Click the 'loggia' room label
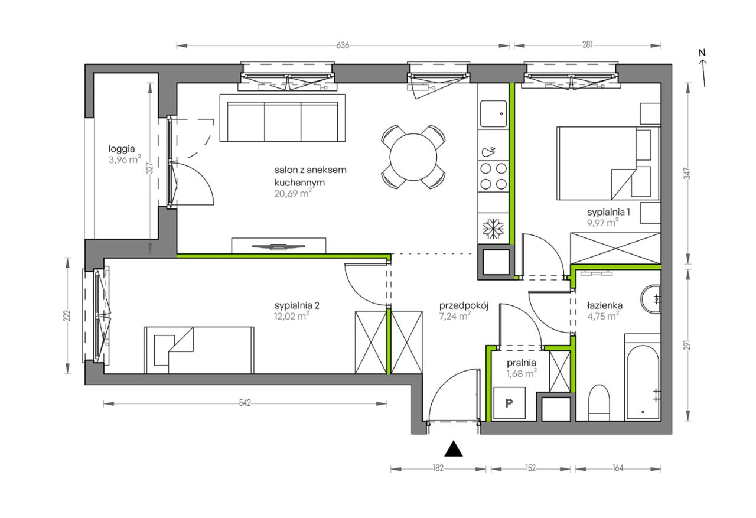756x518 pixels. [x=122, y=149]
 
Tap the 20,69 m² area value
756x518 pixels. [x=292, y=193]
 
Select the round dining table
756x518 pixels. [x=413, y=157]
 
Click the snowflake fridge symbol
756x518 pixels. [x=493, y=229]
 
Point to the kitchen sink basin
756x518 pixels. [x=493, y=113]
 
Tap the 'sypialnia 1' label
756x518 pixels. [x=608, y=212]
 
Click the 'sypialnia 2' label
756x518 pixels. [x=296, y=306]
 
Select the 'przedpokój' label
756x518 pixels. [x=464, y=306]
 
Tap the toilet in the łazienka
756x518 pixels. [x=599, y=403]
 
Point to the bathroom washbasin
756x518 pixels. [x=651, y=299]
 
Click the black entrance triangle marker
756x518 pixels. [x=453, y=448]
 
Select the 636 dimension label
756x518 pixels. [x=343, y=45]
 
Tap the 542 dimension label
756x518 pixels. [x=245, y=403]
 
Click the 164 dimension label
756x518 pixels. [x=618, y=468]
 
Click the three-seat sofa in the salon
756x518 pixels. [x=282, y=118]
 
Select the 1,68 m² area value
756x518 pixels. [x=522, y=373]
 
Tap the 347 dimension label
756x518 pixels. [x=687, y=174]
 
